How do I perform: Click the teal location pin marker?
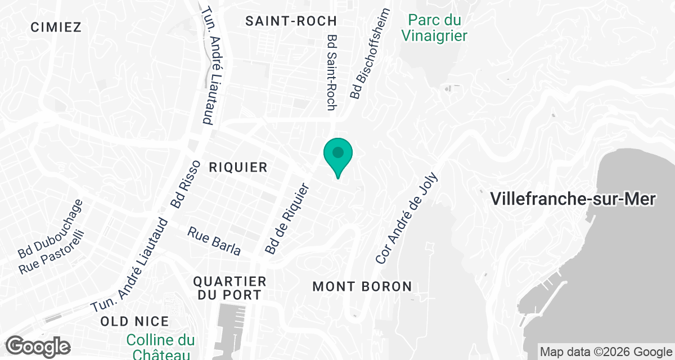[337, 155]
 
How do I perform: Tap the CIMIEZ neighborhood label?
[56, 27]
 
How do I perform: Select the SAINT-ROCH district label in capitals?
[291, 21]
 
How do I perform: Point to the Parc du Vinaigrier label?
[434, 28]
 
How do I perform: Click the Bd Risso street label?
[186, 184]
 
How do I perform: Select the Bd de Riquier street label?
[287, 219]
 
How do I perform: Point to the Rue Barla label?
[214, 241]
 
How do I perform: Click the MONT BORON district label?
[362, 286]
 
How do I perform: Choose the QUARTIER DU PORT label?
[229, 287]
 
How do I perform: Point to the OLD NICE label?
[134, 321]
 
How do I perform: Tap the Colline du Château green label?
[160, 346]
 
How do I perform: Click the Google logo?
[38, 346]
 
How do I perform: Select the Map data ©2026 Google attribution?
[605, 352]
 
